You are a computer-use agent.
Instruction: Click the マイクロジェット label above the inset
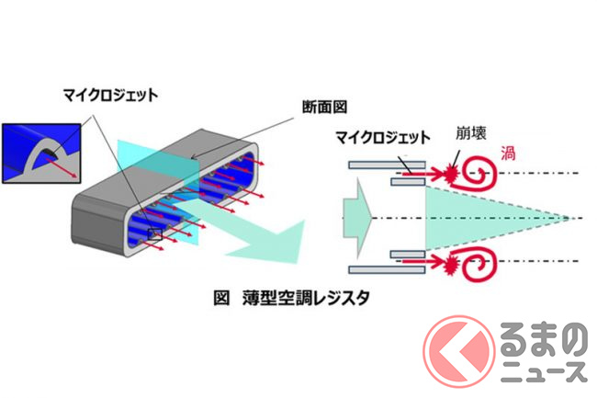pyautogui.click(x=110, y=96)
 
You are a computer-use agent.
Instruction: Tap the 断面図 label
pyautogui.click(x=324, y=107)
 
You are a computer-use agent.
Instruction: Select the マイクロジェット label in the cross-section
pyautogui.click(x=383, y=137)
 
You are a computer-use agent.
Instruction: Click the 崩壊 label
pyautogui.click(x=471, y=133)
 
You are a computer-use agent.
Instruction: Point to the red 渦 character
pyautogui.click(x=508, y=154)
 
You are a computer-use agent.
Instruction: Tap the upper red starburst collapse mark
pyautogui.click(x=451, y=174)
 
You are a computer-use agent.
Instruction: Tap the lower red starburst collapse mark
pyautogui.click(x=451, y=262)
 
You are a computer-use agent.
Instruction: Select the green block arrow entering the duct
pyautogui.click(x=357, y=218)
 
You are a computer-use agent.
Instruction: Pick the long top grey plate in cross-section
pyautogui.click(x=387, y=165)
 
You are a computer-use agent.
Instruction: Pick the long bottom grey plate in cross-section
pyautogui.click(x=387, y=270)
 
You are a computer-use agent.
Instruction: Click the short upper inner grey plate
pyautogui.click(x=408, y=182)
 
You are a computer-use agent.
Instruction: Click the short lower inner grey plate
pyautogui.click(x=408, y=254)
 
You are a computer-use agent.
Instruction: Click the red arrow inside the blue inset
pyautogui.click(x=62, y=168)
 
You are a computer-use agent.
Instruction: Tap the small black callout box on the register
pyautogui.click(x=155, y=234)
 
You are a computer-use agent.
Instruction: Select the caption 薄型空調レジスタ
pyautogui.click(x=306, y=298)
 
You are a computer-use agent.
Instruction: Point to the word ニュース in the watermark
pyautogui.click(x=544, y=371)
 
